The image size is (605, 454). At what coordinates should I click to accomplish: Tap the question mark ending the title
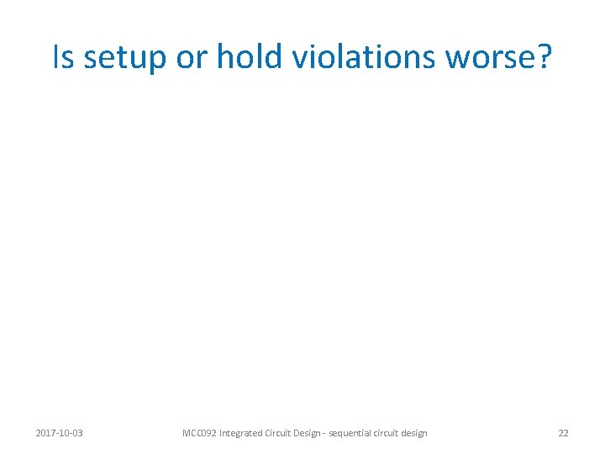(x=543, y=57)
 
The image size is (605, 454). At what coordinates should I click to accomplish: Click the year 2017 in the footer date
(x=46, y=433)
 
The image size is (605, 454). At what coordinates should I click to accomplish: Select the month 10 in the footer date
(x=65, y=433)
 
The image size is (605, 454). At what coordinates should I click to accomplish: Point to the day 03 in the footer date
(x=77, y=433)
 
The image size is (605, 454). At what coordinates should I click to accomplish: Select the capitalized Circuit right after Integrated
(x=284, y=433)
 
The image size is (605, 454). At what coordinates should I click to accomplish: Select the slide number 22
(x=563, y=433)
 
